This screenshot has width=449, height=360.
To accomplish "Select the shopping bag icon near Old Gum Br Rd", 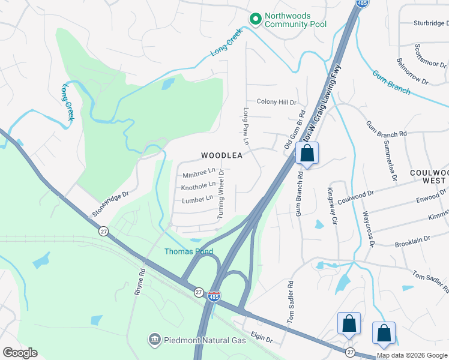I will [x=307, y=154].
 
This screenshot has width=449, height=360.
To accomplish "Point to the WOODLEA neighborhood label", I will [x=221, y=155].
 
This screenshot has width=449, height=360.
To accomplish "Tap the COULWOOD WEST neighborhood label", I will [x=429, y=176].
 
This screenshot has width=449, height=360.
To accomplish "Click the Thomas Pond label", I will [x=188, y=251].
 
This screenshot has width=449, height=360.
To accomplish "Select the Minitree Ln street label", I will [x=199, y=175].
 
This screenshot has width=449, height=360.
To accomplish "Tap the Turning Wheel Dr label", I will [x=221, y=193].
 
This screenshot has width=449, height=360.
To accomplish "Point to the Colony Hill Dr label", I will [x=276, y=102].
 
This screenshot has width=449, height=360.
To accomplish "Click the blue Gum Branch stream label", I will [x=391, y=83].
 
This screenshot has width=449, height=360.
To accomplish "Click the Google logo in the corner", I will [x=20, y=353].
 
